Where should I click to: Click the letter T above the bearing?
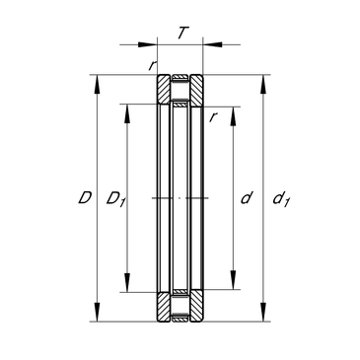[x=183, y=33]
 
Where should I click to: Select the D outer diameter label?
[x=85, y=198]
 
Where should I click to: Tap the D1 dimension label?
[x=115, y=199]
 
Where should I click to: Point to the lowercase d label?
[x=247, y=198]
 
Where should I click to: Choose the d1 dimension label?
[x=281, y=199]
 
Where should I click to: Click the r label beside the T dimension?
[x=152, y=66]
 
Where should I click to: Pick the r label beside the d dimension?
[x=214, y=117]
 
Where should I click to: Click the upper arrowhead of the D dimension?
[x=98, y=85]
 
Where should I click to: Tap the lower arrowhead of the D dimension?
[x=98, y=312]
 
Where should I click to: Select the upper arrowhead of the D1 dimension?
[x=127, y=113]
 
